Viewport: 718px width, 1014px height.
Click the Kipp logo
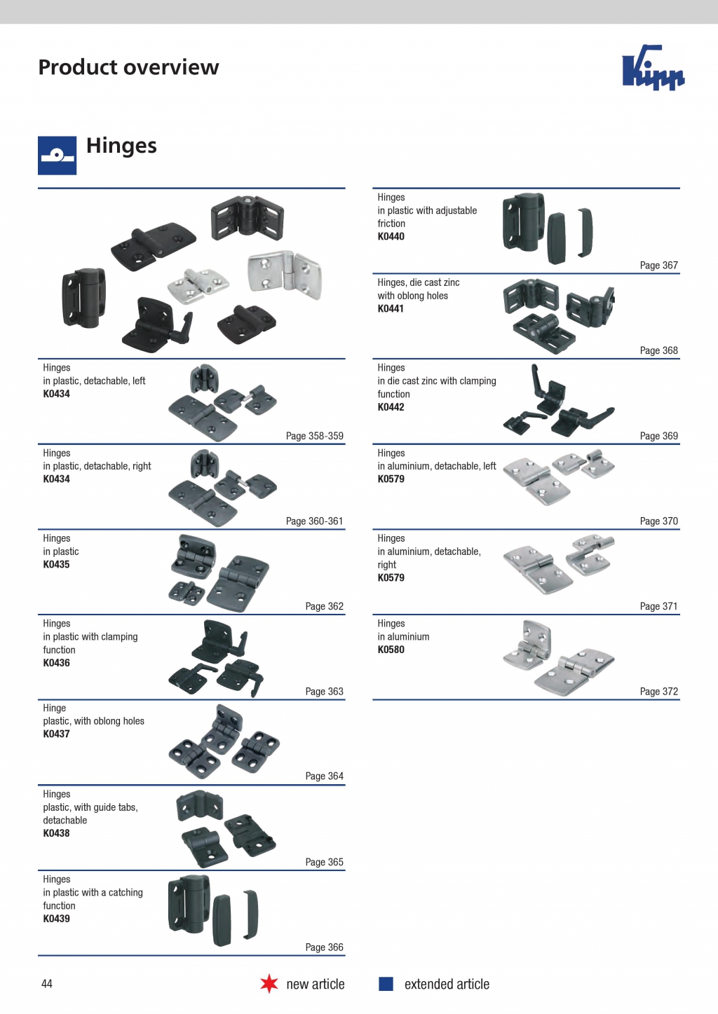(653, 67)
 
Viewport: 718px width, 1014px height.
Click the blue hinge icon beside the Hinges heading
(57, 156)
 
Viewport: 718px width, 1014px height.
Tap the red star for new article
(269, 984)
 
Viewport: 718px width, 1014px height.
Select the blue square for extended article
(386, 984)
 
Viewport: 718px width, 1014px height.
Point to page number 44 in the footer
(47, 984)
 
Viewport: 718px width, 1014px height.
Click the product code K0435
(56, 565)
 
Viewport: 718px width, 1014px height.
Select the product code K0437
(56, 734)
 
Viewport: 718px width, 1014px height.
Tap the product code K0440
(391, 236)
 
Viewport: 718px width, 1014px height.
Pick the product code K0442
(391, 407)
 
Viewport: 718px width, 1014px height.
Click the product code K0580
(391, 650)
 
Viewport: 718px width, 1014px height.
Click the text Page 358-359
(314, 436)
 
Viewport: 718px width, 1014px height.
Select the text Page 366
(325, 947)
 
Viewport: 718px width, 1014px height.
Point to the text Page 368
(658, 350)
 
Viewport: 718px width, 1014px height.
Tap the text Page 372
(658, 691)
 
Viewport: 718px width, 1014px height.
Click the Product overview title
(128, 67)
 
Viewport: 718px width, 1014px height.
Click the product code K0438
(56, 833)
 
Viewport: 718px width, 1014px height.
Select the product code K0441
(391, 309)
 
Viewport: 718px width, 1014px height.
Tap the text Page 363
(325, 691)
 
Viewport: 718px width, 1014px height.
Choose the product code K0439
(56, 919)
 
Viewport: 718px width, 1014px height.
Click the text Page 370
(658, 521)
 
